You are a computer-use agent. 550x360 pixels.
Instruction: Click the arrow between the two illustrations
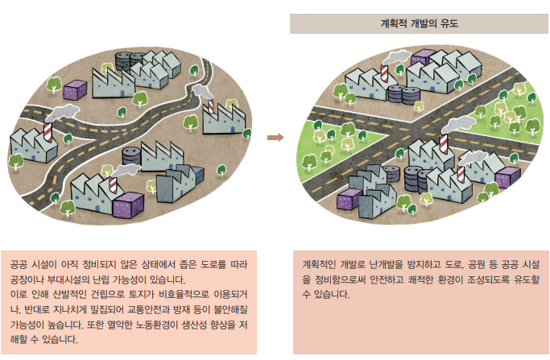pyautogui.click(x=275, y=138)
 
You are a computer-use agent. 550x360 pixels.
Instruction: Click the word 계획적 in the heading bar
pyautogui.click(x=396, y=23)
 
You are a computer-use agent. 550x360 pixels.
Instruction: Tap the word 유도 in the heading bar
pyautogui.click(x=458, y=23)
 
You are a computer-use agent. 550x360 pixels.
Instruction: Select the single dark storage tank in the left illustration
pyautogui.click(x=125, y=60)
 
